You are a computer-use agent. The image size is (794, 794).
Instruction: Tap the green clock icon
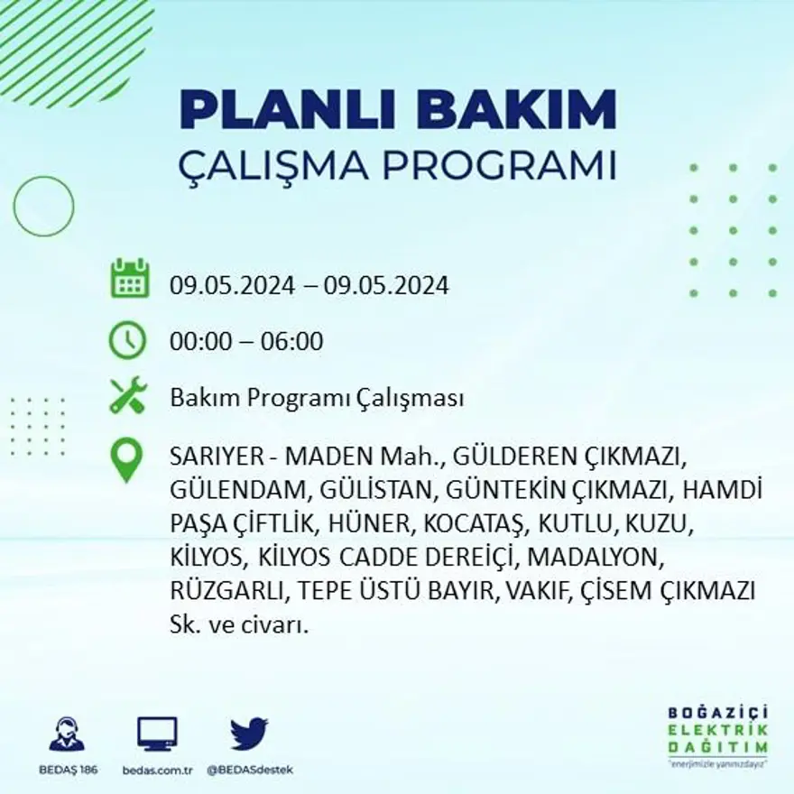pos(127,340)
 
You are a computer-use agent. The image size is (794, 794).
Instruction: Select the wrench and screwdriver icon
pos(127,395)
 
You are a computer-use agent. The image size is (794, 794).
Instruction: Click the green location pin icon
pos(127,459)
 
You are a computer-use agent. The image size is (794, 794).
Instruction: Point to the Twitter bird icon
pos(248,734)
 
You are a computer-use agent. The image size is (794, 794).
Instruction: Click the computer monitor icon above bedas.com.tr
pos(157,734)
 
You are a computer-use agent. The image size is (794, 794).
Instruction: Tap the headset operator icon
pos(67,734)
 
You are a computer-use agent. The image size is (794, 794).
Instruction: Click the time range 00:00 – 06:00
pos(246,342)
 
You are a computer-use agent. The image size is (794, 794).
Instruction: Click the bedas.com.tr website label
pos(157,770)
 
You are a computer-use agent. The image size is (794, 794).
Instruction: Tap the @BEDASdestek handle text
pos(250,770)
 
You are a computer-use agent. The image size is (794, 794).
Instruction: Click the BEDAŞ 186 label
pos(68,770)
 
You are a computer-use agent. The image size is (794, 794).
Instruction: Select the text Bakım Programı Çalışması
pos(317,398)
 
